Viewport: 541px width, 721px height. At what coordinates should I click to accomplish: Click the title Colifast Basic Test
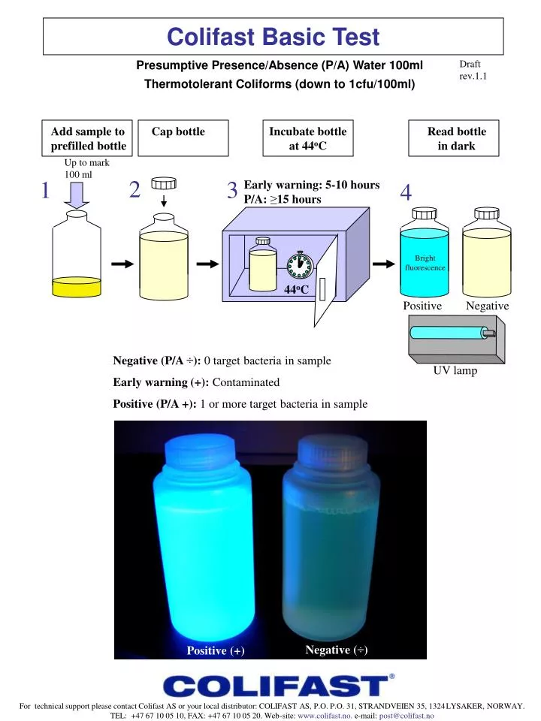coord(273,36)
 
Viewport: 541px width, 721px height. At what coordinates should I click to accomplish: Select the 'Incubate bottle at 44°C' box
coord(308,139)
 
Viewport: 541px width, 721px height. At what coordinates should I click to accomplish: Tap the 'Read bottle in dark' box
coord(456,139)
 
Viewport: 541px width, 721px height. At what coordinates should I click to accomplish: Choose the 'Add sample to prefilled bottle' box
coord(88,139)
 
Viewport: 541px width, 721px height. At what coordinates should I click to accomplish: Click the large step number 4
coord(406,193)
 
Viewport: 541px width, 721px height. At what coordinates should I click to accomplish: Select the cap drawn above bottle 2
coord(163,184)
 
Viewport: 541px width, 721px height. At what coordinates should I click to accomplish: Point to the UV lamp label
coord(455,370)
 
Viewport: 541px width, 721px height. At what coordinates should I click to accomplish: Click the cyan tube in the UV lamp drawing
coord(447,333)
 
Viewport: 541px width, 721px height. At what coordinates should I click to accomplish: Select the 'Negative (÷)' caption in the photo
coord(336,650)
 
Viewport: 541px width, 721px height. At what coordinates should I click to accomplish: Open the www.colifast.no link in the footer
coord(325,716)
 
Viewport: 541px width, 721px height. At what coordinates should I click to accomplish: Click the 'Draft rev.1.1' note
coord(473,70)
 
